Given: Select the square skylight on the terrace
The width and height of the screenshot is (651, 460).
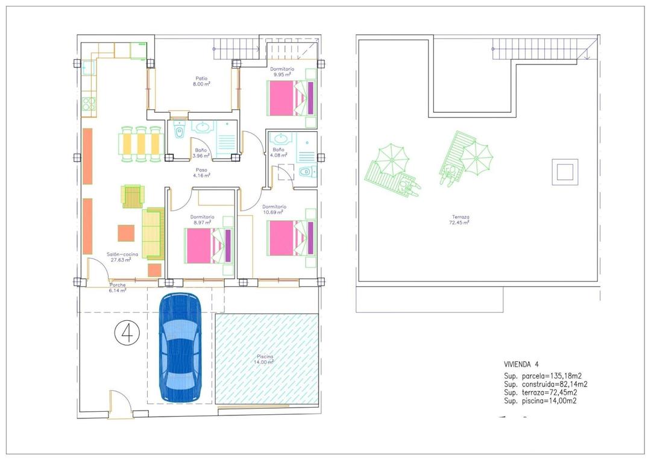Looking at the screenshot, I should coord(565,172).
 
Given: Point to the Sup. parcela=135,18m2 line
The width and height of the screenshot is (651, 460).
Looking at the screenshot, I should coord(542,376).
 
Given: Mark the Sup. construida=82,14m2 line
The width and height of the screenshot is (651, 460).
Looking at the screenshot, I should coord(546,384).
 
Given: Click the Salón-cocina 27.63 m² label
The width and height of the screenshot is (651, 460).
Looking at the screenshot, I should coord(122,257).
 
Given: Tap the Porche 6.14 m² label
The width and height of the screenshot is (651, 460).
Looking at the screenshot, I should coord(118,288).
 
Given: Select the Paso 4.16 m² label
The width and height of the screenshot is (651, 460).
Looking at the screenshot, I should coord(200,173).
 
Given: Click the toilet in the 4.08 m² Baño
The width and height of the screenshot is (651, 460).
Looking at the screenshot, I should coord(306,172).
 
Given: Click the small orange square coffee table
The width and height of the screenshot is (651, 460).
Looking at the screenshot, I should coord(126,233).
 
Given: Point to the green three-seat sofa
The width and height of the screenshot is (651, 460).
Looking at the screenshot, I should coord(153,232).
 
